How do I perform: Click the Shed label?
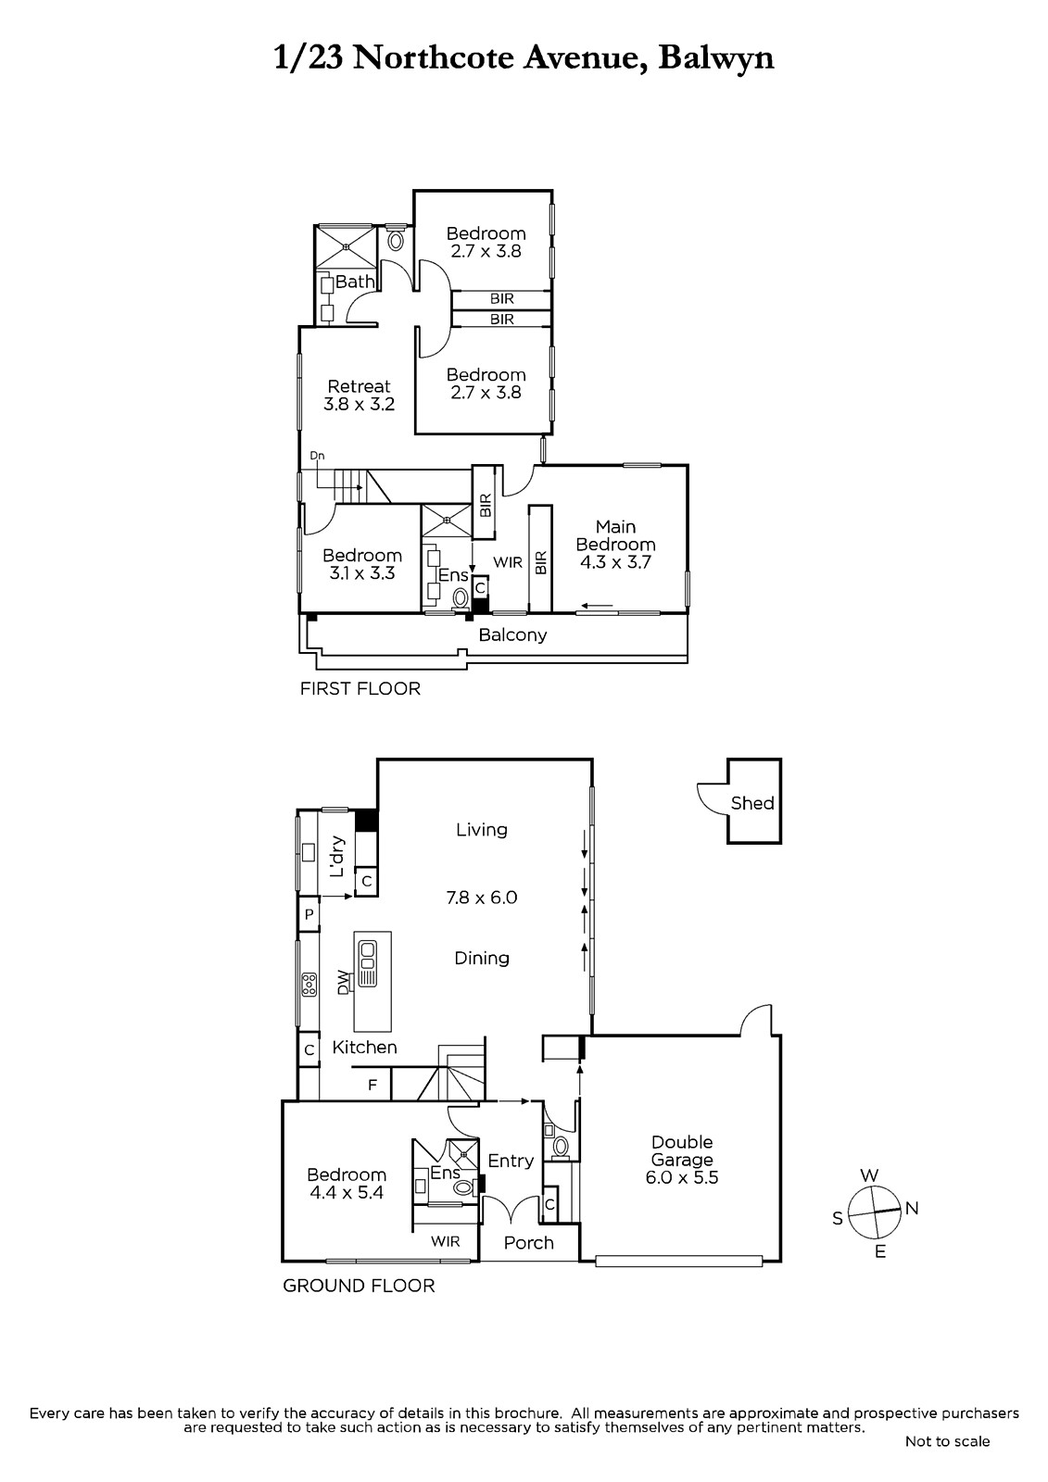click(x=752, y=803)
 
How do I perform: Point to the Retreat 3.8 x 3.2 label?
click(x=359, y=395)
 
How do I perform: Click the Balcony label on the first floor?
click(x=512, y=635)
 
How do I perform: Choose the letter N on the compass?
click(x=912, y=1208)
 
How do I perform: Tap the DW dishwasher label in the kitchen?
click(x=342, y=982)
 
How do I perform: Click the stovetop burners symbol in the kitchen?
click(x=309, y=985)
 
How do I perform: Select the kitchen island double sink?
click(x=367, y=961)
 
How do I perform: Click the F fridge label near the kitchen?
click(x=372, y=1085)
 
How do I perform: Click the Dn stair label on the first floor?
click(x=317, y=456)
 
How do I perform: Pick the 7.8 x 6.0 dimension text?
click(x=481, y=898)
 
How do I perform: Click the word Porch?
click(x=528, y=1242)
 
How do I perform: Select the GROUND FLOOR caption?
click(x=359, y=1286)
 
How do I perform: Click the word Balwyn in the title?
click(x=716, y=58)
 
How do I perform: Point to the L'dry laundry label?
click(x=337, y=857)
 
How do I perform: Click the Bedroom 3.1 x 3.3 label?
click(x=362, y=564)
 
